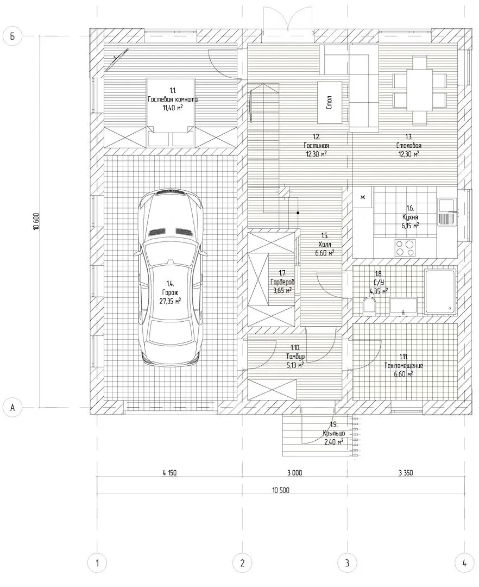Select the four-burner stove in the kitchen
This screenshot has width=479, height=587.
(405, 248)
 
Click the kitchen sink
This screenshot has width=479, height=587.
(447, 212)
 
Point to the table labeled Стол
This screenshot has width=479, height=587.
(330, 102)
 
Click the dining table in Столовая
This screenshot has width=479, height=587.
(420, 90)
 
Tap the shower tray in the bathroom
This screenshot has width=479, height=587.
(440, 291)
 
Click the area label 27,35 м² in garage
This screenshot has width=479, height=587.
(171, 301)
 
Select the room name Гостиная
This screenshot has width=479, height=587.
(316, 146)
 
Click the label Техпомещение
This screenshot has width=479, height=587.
(404, 365)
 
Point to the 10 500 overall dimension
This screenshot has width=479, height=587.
(280, 490)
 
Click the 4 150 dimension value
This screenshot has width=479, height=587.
(169, 473)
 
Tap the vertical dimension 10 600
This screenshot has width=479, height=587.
(36, 221)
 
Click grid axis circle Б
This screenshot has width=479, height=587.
(12, 36)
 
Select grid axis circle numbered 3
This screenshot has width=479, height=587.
(347, 563)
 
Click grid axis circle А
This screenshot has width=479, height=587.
(12, 407)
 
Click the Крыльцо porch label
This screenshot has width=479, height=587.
(334, 433)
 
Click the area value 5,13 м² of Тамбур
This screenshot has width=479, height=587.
(295, 365)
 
